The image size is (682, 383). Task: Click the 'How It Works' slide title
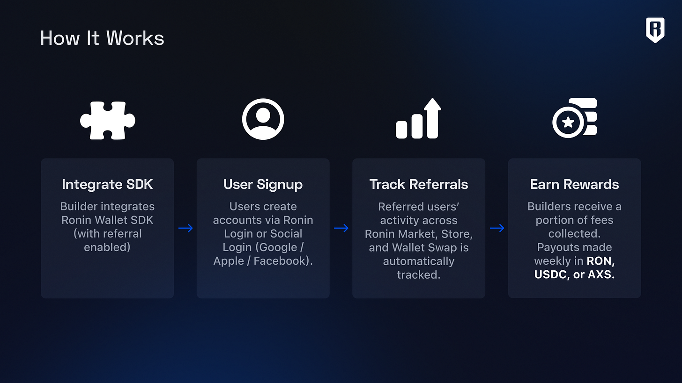102,38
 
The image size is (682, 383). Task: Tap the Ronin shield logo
655,30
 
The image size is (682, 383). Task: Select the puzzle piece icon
108,120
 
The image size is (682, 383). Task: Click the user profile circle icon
263,119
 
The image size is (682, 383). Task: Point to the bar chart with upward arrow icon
419,119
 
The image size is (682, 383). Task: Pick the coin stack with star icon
574,118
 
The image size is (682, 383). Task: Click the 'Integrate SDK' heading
107,184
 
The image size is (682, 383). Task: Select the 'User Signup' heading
263,184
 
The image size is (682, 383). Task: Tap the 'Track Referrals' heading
419,184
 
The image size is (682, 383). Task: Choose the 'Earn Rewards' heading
574,184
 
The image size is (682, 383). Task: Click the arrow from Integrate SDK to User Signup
185,228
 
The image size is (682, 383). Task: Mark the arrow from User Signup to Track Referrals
341,228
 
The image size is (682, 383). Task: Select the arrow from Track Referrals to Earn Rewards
497,228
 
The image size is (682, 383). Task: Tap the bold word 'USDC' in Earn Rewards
551,275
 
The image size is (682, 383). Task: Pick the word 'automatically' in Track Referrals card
419,261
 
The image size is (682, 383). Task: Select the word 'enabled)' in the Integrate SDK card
107,247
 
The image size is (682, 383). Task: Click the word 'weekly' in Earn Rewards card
551,261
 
